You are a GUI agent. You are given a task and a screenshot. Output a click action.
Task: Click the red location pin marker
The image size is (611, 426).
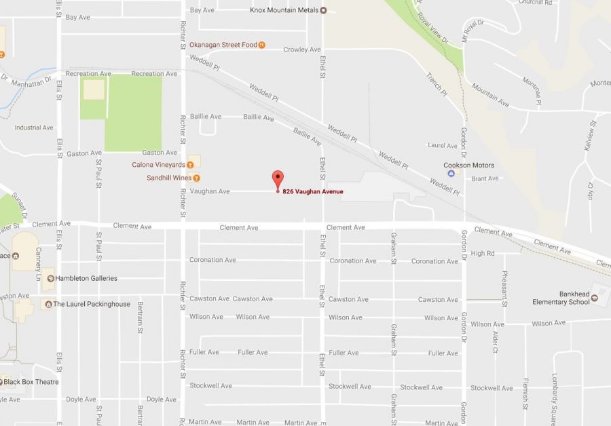tap(277, 180)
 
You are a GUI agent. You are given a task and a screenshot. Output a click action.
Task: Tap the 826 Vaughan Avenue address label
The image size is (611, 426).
tap(312, 191)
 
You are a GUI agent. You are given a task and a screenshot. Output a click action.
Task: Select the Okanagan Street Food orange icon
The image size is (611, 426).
tap(262, 45)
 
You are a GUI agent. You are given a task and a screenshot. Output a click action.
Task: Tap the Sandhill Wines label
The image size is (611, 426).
tap(169, 178)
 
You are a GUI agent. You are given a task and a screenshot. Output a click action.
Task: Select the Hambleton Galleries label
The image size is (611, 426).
tap(86, 278)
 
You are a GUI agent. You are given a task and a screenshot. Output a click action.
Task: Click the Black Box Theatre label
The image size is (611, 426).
tap(31, 382)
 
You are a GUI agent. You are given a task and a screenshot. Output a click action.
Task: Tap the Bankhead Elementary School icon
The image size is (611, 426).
tap(595, 297)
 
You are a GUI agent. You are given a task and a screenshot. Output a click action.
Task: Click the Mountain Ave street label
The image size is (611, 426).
tap(490, 96)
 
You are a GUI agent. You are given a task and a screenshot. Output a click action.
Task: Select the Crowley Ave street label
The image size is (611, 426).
tap(302, 50)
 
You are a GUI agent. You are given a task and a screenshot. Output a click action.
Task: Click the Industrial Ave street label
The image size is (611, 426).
tap(34, 128)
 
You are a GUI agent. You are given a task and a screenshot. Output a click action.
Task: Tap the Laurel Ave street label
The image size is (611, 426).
tap(443, 145)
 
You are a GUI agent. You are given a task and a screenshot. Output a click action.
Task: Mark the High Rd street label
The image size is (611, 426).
tap(483, 253)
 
